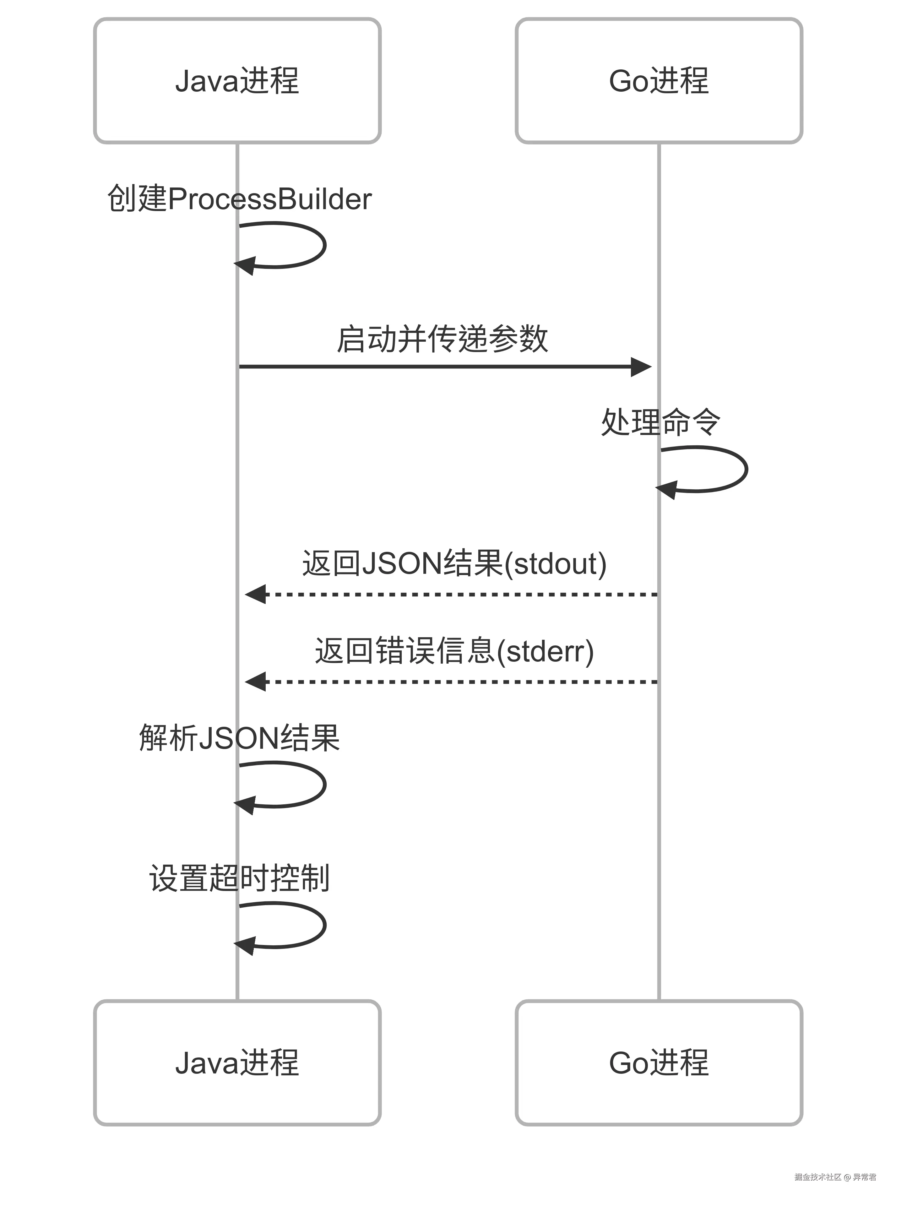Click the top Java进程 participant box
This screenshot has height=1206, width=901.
coord(237,81)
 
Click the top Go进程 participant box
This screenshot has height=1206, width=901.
coord(659,81)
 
